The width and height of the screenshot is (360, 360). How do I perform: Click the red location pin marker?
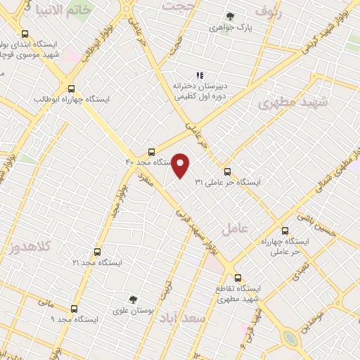181,166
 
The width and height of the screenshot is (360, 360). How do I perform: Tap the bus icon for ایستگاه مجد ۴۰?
152,152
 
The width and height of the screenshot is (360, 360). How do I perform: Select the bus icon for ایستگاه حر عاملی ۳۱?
227,172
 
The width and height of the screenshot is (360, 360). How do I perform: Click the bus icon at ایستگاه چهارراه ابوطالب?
71,89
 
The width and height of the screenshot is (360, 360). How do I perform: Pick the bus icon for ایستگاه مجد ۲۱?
97,252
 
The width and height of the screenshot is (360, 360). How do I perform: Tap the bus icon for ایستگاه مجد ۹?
75,309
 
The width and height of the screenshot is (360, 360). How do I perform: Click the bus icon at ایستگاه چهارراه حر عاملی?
285,231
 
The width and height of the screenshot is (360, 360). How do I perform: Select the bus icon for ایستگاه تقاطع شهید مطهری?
238,278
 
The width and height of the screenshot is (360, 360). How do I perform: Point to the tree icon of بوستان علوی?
134,300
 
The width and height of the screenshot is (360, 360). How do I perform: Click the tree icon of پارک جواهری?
230,17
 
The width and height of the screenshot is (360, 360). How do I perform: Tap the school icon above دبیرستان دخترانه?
200,75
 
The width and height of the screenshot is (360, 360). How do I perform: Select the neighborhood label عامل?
235,229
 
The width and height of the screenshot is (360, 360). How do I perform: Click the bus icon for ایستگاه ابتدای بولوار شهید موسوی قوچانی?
25,34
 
